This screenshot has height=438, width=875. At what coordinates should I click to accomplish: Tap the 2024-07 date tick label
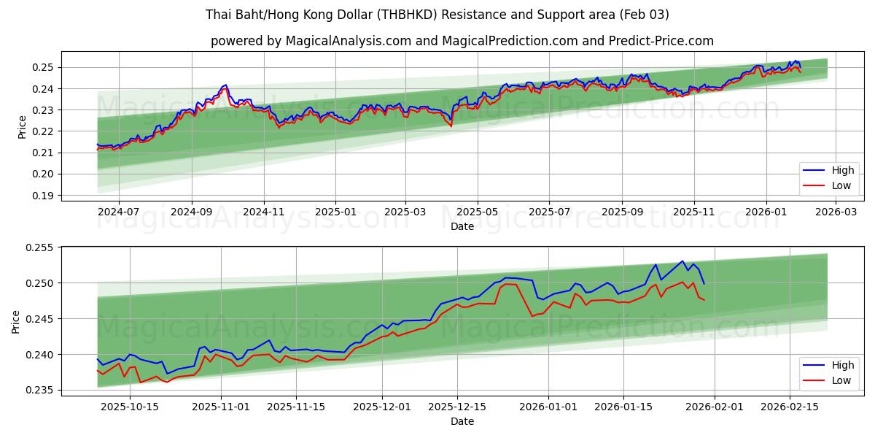coord(118,212)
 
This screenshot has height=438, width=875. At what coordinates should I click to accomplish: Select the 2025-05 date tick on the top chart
coord(477,212)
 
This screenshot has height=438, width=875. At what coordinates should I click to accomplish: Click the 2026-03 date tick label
coord(836,212)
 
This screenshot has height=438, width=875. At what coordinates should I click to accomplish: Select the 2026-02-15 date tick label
coord(790,407)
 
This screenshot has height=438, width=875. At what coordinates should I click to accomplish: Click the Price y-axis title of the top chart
coord(22,126)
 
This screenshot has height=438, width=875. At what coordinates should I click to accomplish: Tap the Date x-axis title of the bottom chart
coord(462,421)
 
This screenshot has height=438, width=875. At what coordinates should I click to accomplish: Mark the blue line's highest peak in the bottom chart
coord(683,261)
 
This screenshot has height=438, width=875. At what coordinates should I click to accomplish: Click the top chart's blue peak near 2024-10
coord(226,85)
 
